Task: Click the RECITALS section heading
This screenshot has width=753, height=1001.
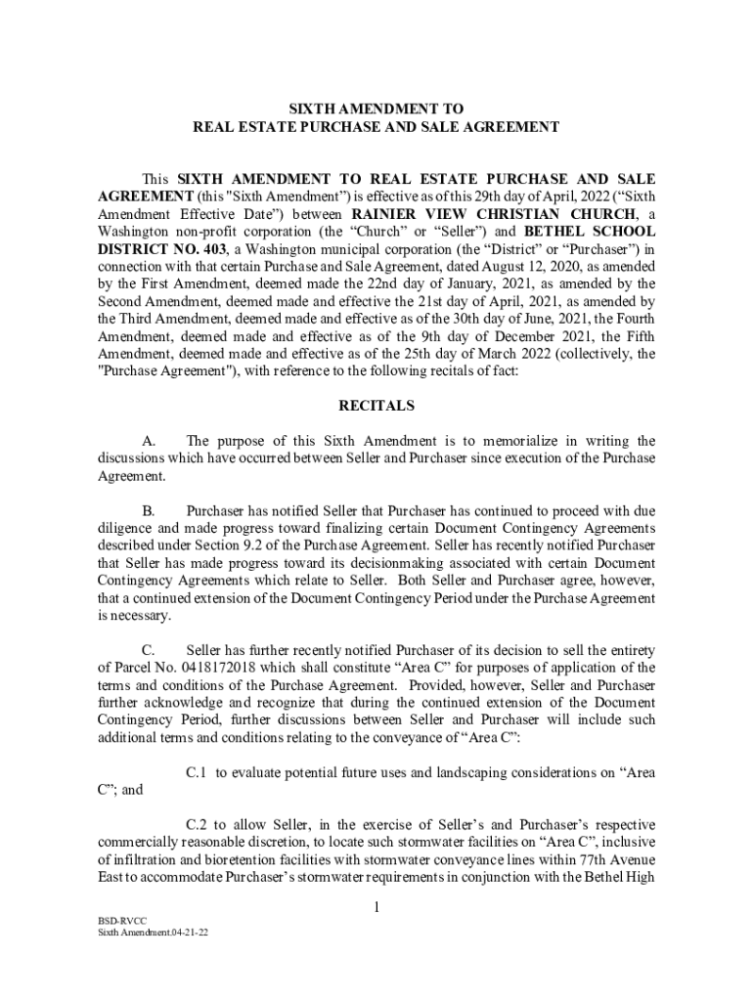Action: [376, 405]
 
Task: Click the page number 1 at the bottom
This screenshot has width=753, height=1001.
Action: [376, 909]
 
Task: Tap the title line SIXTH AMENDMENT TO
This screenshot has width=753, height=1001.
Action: [376, 109]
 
